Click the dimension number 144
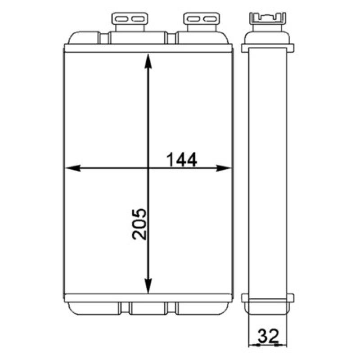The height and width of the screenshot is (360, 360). pos(182,160)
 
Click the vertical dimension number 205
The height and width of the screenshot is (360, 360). pos(139,224)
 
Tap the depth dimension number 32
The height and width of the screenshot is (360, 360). pos(268,336)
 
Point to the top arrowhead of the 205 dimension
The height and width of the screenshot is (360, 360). pos(148,61)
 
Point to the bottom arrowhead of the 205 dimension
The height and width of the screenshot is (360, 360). pos(148,286)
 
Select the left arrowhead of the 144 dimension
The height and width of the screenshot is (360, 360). pos(73,168)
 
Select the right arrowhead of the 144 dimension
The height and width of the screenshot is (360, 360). pos(224,168)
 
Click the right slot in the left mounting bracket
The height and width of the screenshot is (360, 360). pos(138,19)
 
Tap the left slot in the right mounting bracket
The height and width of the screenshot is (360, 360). pos(193,19)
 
